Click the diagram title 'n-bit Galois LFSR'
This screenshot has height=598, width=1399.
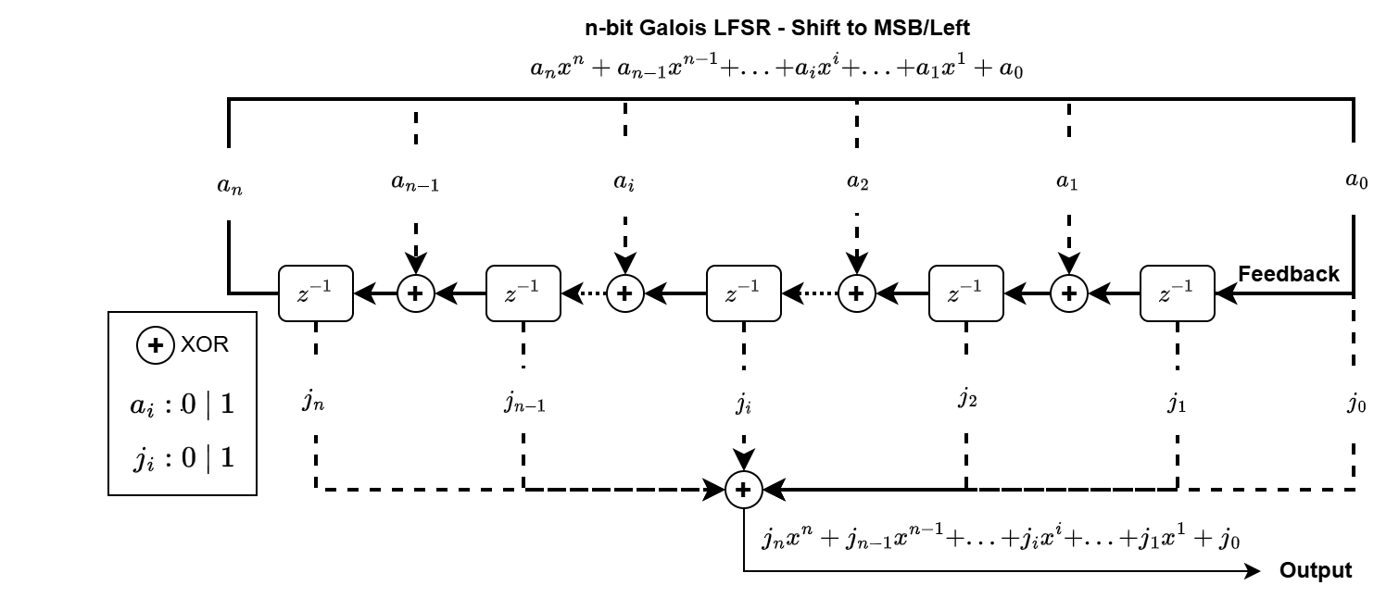point(784,28)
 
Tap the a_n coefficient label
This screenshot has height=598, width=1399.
point(228,185)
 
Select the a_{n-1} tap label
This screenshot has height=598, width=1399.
point(414,183)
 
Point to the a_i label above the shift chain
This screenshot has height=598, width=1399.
point(624,182)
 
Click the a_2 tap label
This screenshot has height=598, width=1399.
point(857,181)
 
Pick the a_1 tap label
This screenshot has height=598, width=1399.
point(1067,181)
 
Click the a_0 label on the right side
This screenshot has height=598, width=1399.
point(1355,181)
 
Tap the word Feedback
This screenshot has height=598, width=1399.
point(1288,274)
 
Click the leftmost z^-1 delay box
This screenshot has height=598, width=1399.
point(316,293)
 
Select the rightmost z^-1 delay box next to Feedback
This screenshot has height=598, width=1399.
point(1177,293)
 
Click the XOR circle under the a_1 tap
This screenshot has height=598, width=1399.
point(1069,293)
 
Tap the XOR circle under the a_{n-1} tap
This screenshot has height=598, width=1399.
point(415,293)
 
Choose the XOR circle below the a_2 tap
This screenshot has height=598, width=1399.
point(856,293)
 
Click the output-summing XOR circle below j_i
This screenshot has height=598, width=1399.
point(743,489)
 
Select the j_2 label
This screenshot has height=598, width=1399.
point(966,399)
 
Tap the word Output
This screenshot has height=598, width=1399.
point(1315,570)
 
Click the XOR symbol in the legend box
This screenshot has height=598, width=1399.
point(155,345)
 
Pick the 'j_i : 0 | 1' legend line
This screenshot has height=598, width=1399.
point(182,457)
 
